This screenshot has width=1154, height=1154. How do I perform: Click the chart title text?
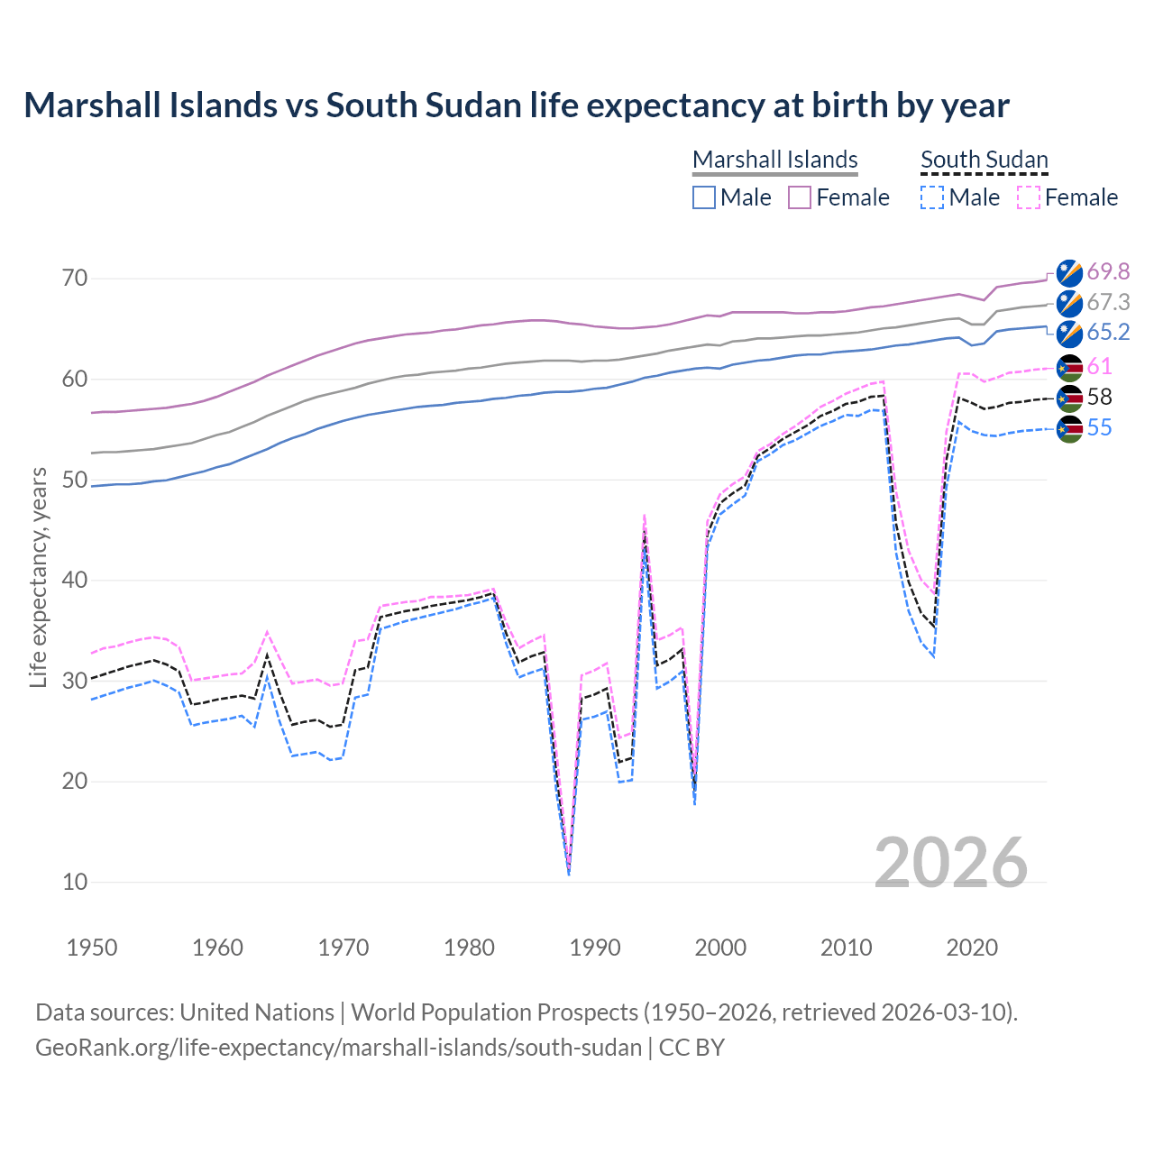tap(516, 105)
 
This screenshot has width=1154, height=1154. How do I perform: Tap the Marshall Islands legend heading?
tap(774, 160)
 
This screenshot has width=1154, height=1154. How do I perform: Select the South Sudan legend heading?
tap(984, 160)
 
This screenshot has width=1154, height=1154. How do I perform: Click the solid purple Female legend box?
tap(800, 197)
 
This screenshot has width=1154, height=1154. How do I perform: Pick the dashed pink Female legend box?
tap(1028, 197)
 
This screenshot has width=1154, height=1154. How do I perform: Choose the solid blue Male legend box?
tap(704, 197)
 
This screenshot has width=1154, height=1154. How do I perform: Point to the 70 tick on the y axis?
tap(75, 278)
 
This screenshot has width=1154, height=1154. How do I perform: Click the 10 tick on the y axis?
tap(75, 882)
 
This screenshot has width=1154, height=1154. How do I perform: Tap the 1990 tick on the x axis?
tap(595, 948)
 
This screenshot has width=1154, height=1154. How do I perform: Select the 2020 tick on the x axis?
tap(972, 948)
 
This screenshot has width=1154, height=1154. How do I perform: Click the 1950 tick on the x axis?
tap(92, 948)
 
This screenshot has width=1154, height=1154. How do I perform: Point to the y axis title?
tap(38, 577)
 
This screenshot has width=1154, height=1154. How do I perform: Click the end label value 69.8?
tap(1108, 271)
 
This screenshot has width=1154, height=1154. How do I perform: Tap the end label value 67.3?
tap(1108, 302)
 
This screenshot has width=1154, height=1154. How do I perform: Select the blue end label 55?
tap(1099, 427)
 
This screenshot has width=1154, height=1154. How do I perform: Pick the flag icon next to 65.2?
tap(1069, 334)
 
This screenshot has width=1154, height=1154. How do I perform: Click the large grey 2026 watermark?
tap(950, 863)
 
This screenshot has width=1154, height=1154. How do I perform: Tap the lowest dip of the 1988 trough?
tap(569, 873)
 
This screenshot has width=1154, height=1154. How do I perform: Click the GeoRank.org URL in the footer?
tap(338, 1048)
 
